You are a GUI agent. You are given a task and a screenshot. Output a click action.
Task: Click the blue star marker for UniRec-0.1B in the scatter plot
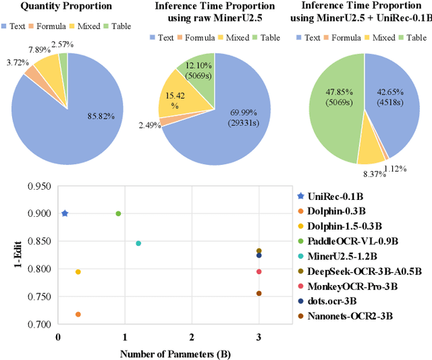(65, 213)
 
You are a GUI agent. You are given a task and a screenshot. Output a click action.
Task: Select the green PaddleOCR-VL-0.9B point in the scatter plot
(118, 213)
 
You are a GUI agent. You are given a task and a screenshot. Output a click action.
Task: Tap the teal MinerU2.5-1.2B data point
(138, 243)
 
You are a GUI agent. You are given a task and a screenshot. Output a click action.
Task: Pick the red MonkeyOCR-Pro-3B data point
(259, 272)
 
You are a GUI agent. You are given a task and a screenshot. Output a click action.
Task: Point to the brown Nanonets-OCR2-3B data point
(259, 293)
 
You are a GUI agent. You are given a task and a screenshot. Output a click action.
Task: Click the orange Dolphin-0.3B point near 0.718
(78, 314)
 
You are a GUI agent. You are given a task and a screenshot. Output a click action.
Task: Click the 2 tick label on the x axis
(192, 336)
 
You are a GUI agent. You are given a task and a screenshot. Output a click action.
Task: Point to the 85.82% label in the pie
(102, 115)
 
